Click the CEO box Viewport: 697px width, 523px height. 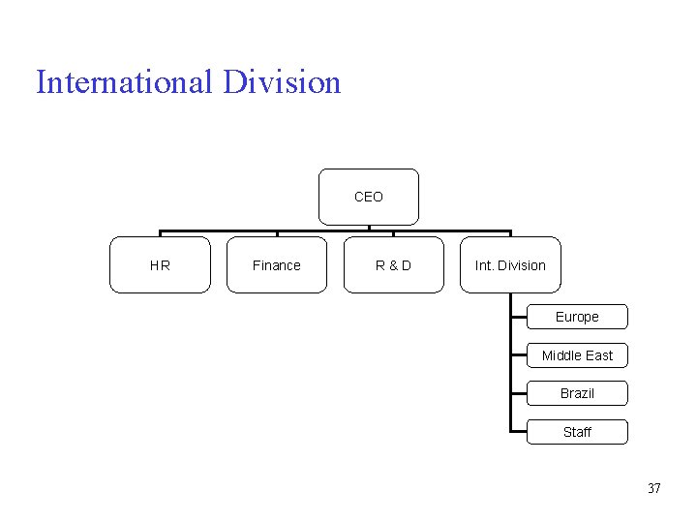[x=369, y=197]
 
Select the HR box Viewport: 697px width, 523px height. [x=160, y=264]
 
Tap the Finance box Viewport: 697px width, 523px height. [x=276, y=264]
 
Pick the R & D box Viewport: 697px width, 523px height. [x=393, y=264]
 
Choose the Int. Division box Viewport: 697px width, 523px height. [x=510, y=264]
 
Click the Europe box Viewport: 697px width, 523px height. [x=577, y=317]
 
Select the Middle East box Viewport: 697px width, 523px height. [x=577, y=355]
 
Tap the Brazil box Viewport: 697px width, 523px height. [x=577, y=393]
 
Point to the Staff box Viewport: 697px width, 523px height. [x=577, y=432]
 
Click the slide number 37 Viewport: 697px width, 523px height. [x=653, y=488]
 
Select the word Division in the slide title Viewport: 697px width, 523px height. [x=282, y=82]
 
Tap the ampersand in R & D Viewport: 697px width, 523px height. [x=393, y=265]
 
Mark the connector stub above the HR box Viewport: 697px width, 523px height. [x=160, y=233]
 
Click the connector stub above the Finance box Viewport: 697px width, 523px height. [x=277, y=233]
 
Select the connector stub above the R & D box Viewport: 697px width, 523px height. [x=393, y=233]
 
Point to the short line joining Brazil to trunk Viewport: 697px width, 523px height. [x=519, y=393]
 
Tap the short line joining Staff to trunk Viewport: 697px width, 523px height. [x=519, y=432]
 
